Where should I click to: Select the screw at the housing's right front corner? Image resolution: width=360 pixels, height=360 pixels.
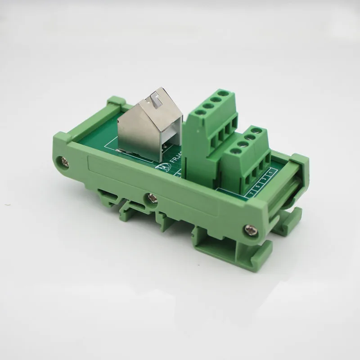[x=249, y=230]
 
